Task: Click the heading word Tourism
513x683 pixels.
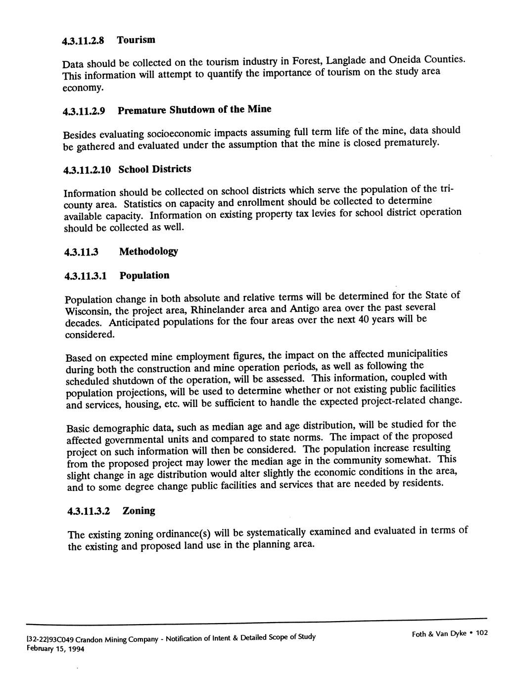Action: click(x=136, y=40)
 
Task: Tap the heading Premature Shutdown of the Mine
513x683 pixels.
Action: click(x=194, y=109)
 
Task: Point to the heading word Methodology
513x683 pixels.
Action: click(x=148, y=251)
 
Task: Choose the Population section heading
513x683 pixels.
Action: click(x=144, y=276)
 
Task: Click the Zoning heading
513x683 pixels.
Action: click(x=139, y=511)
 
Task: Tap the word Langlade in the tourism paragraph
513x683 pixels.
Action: click(x=346, y=60)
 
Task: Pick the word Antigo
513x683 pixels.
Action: click(x=305, y=309)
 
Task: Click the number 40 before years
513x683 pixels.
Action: click(x=367, y=320)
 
